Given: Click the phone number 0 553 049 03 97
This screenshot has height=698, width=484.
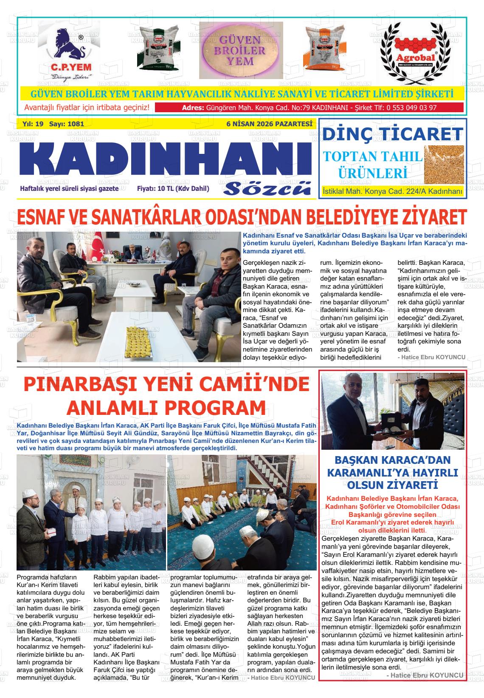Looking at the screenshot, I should coord(411,108).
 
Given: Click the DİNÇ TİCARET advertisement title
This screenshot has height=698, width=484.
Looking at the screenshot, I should coord(392,134).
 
